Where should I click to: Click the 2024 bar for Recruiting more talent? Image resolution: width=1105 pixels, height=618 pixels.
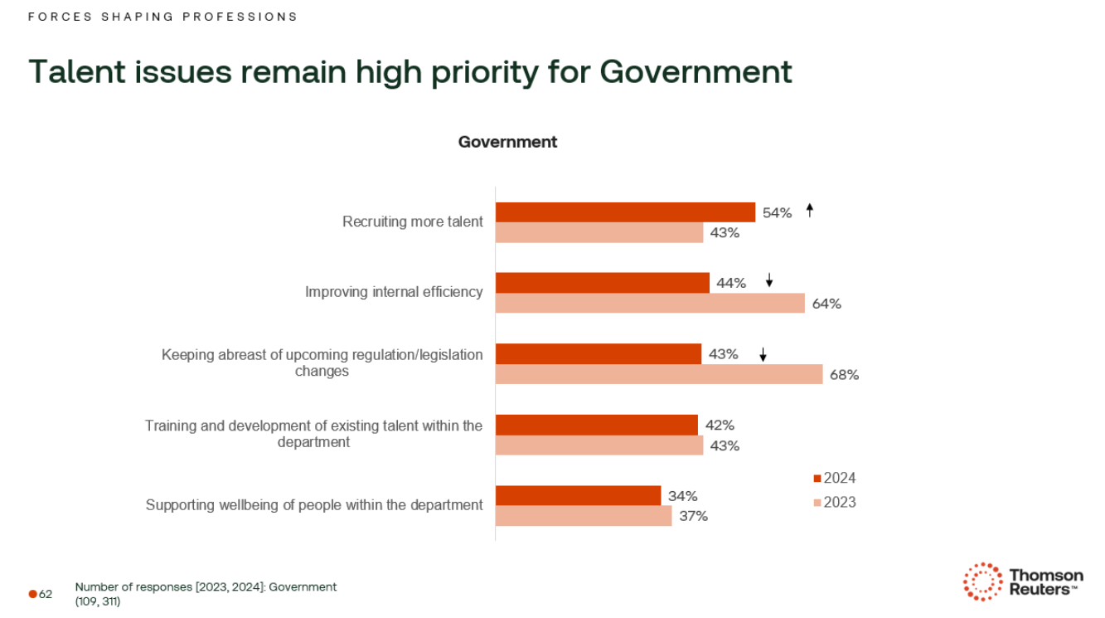[625, 212]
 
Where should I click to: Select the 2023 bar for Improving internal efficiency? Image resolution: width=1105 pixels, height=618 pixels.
[650, 304]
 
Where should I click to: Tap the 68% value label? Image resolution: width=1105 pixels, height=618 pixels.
[844, 375]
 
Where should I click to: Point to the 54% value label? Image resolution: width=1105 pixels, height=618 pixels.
[777, 213]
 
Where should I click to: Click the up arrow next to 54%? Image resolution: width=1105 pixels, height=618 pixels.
[810, 211]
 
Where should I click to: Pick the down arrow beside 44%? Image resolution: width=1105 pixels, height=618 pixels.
[769, 282]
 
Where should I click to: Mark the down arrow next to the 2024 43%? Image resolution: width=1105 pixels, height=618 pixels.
[763, 355]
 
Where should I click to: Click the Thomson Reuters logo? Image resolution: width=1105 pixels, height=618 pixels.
[1023, 582]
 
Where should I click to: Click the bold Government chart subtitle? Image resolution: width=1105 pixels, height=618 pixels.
[507, 142]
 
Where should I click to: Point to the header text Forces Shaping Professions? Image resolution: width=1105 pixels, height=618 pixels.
[162, 17]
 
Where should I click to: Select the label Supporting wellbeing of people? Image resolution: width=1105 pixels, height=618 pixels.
[314, 504]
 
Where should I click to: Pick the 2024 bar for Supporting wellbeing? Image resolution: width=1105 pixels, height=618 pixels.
[578, 496]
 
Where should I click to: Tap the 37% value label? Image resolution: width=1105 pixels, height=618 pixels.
[694, 516]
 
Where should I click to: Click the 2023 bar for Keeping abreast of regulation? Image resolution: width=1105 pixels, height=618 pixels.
[659, 375]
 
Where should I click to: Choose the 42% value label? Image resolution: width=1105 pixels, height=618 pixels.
[720, 426]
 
